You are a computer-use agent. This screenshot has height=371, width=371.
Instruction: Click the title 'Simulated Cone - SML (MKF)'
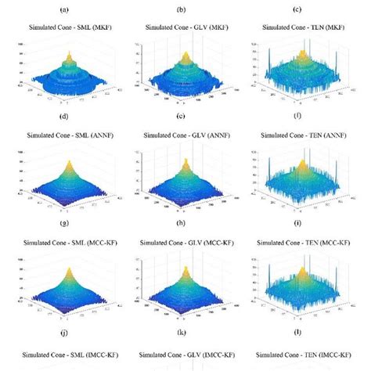(67, 27)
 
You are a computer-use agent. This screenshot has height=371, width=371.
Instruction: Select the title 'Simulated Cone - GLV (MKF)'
(185, 27)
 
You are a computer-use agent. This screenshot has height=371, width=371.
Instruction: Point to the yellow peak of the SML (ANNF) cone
(67, 164)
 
